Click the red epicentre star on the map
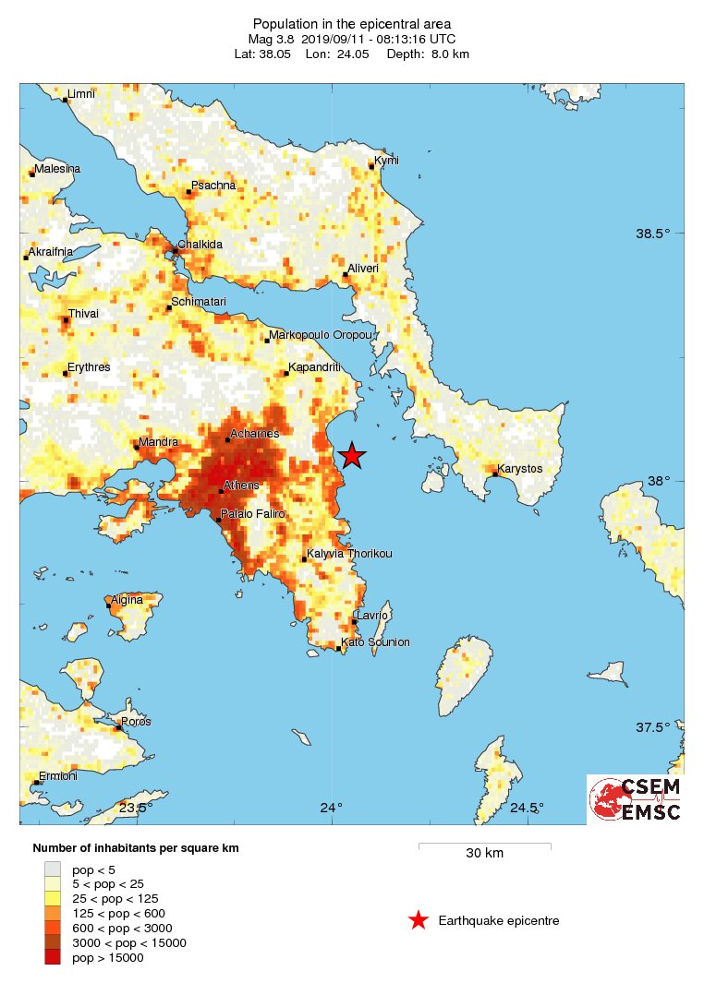coord(352,455)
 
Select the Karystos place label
coord(519,469)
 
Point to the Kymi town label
coord(386,161)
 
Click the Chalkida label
coord(200,245)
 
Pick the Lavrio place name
coord(372,615)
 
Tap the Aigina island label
coord(127,600)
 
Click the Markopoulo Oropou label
coord(320,335)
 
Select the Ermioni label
coord(57,776)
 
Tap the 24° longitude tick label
coord(332,809)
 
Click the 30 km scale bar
coord(484,845)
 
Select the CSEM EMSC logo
coord(635,799)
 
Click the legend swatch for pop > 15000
coord(53,957)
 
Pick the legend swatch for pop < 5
coord(53,869)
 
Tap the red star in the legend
coord(419,920)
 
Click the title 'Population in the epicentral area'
coord(352,23)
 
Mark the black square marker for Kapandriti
coord(286,373)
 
